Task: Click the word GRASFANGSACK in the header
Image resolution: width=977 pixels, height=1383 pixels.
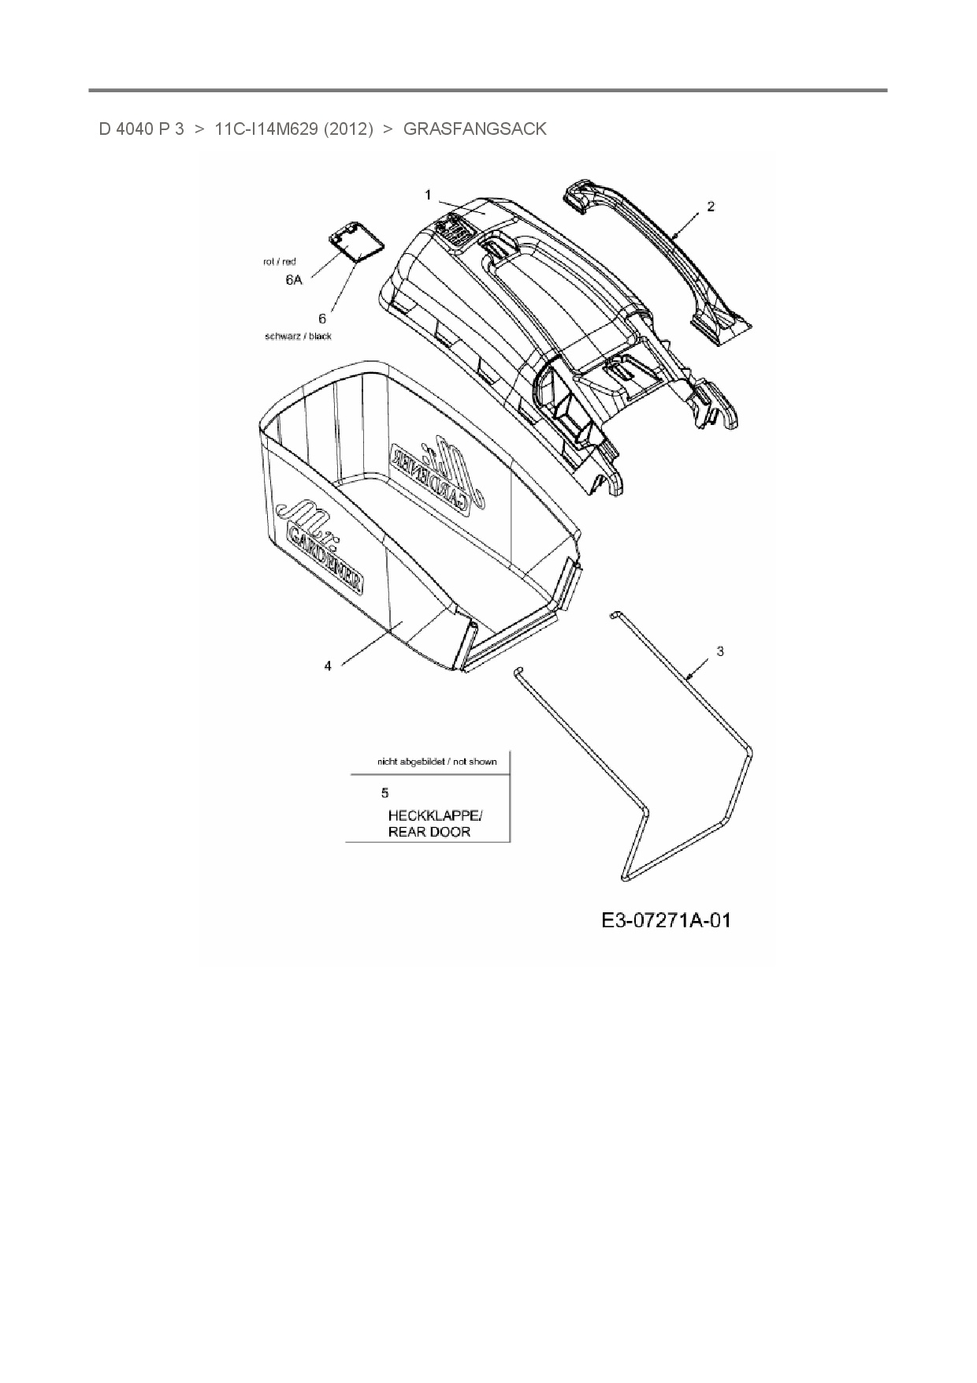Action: (474, 129)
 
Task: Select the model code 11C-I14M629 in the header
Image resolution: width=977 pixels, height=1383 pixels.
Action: (266, 129)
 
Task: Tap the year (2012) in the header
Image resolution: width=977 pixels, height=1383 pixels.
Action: (348, 129)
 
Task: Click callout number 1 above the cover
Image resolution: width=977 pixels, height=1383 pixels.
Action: (428, 194)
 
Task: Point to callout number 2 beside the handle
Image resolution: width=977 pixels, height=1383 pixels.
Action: (711, 207)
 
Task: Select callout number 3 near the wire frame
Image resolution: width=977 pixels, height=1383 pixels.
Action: (720, 651)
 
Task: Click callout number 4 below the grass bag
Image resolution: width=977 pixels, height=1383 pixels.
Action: (328, 666)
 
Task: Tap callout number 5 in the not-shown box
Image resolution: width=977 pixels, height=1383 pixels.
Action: (384, 792)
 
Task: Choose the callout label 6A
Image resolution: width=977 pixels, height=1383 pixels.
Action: (293, 280)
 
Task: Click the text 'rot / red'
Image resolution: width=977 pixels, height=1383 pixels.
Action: (280, 261)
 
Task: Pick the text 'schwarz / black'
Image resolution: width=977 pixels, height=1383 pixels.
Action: (298, 336)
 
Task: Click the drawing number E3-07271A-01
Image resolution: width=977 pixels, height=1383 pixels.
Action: (666, 920)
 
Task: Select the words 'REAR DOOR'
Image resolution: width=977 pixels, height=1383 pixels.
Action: (429, 832)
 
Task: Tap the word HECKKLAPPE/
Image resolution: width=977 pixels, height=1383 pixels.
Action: (434, 815)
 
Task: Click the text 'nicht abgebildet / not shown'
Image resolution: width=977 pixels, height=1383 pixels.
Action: (436, 762)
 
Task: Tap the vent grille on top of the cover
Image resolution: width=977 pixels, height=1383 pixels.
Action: (453, 231)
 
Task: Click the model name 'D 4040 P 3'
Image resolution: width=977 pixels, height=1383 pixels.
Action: (141, 129)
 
